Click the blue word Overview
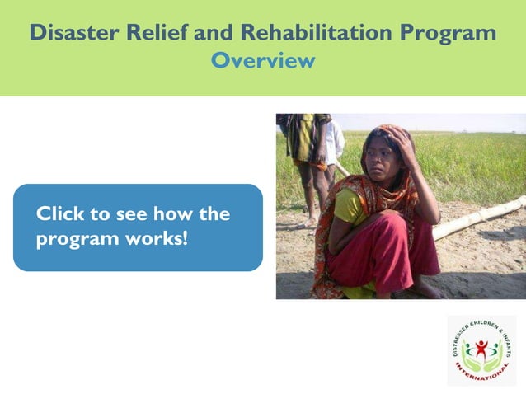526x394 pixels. (x=263, y=60)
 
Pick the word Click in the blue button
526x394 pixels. (x=61, y=214)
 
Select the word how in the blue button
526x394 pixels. (x=172, y=214)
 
